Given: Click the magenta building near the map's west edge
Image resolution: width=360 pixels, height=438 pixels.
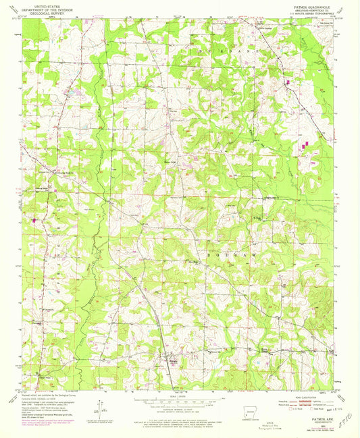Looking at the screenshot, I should tap(35, 219).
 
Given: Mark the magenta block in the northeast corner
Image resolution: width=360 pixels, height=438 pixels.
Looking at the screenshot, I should tap(288, 82).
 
